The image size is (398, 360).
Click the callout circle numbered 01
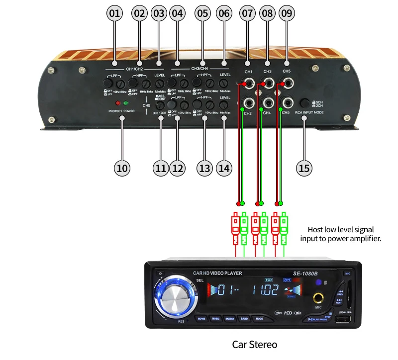click(x=115, y=13)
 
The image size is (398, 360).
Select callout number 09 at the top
click(x=287, y=13)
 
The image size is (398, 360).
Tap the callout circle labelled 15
click(x=304, y=168)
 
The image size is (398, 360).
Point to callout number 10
click(x=122, y=168)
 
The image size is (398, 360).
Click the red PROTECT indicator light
click(x=117, y=103)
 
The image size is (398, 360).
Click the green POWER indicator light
click(x=126, y=103)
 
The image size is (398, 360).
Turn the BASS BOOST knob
click(x=160, y=105)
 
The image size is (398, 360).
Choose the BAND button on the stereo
click(x=244, y=318)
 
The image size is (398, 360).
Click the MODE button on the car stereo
click(x=259, y=318)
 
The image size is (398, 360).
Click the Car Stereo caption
click(x=255, y=344)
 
